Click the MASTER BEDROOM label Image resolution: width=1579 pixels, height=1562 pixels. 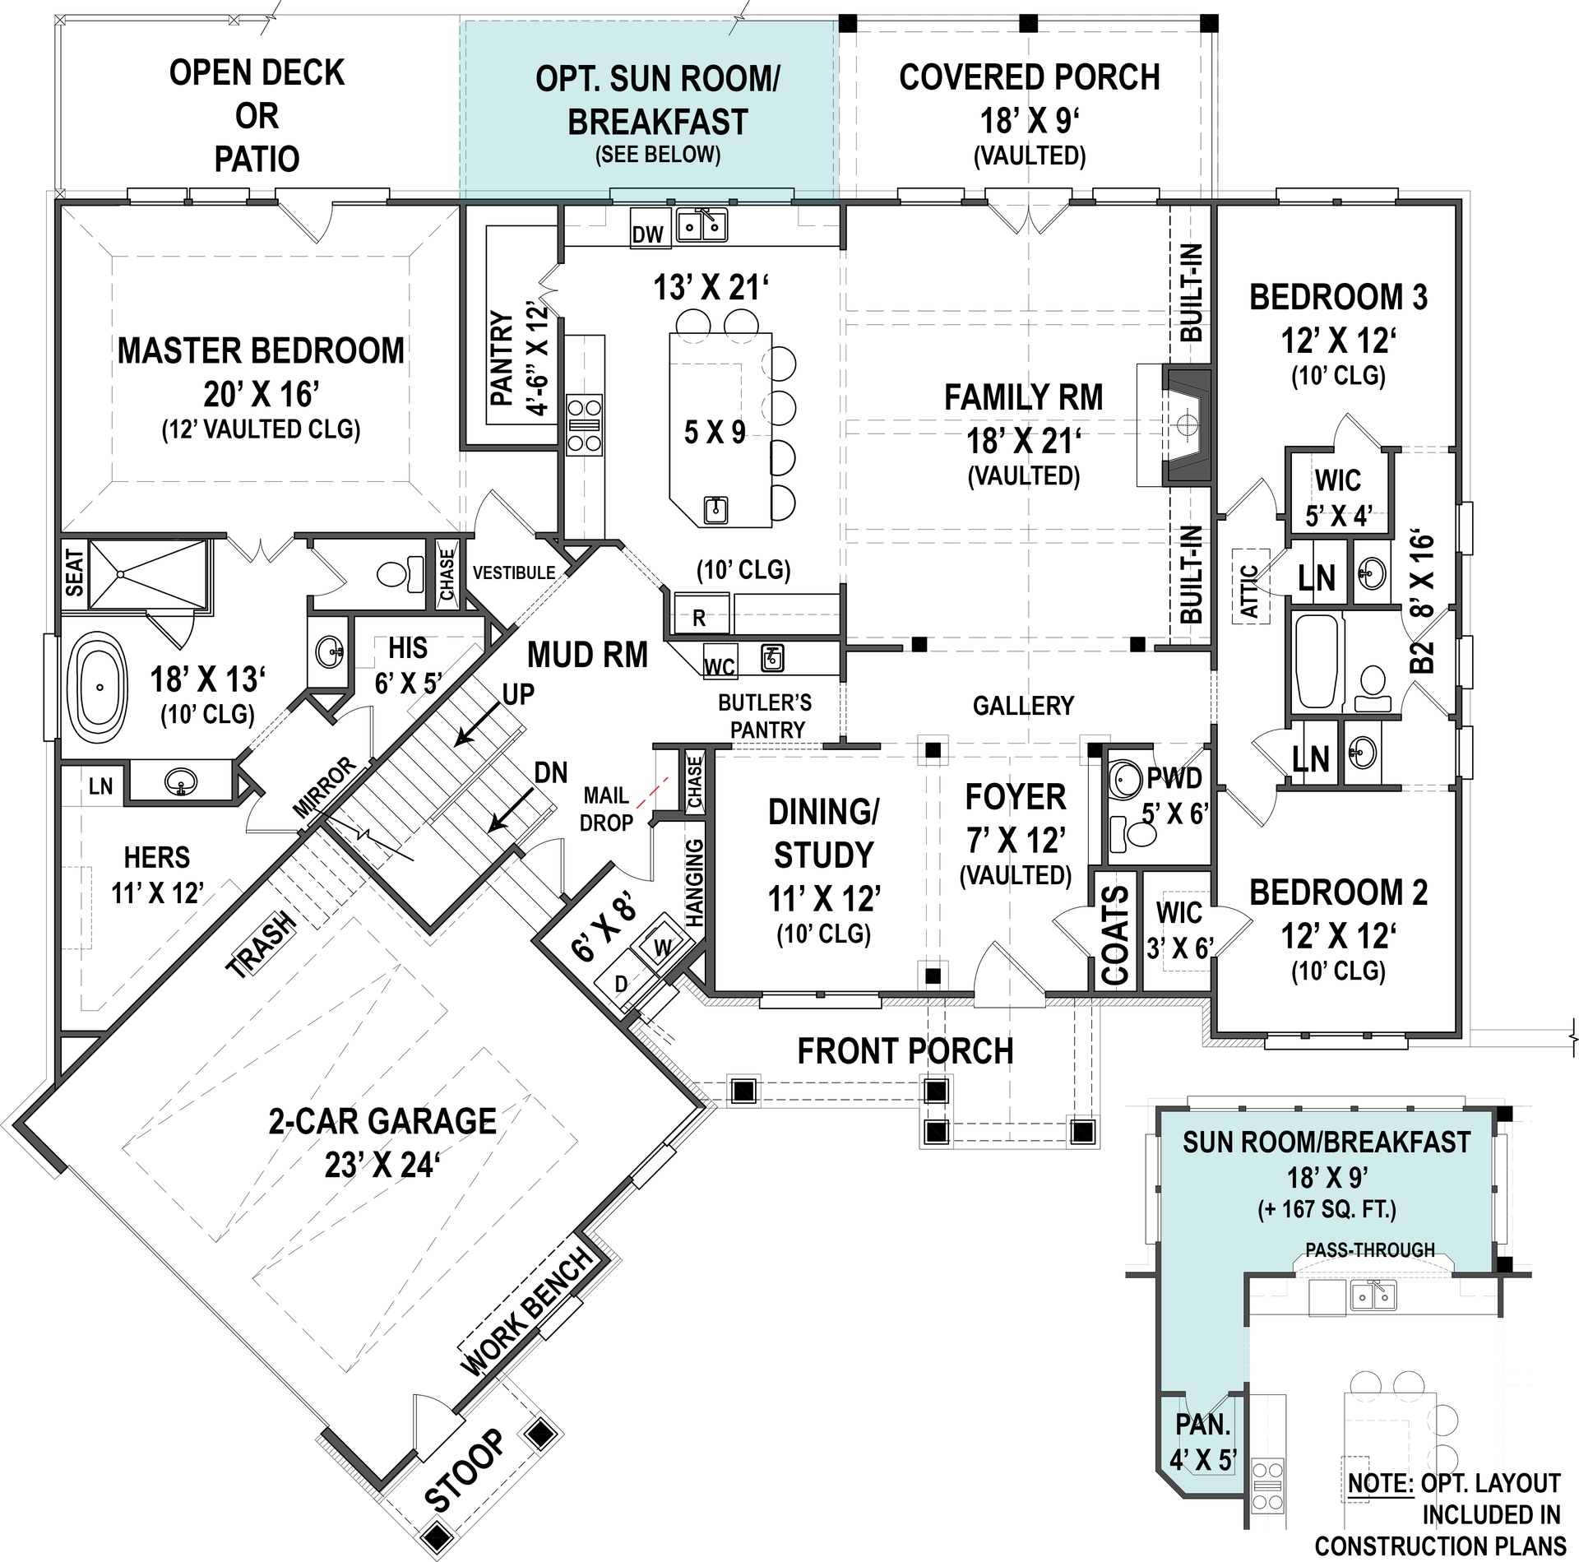pos(261,351)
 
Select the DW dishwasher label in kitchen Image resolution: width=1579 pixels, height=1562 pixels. pos(647,235)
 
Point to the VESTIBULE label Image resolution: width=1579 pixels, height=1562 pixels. pos(513,572)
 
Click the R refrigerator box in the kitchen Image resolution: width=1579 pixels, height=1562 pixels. pos(698,618)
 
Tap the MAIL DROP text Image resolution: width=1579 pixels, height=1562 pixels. pos(607,809)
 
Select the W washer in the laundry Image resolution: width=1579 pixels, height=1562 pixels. pos(663,947)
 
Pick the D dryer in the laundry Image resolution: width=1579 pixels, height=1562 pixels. pos(623,985)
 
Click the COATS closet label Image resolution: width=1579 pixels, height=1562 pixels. pos(1114,935)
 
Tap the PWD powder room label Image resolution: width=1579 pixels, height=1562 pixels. pos(1174,777)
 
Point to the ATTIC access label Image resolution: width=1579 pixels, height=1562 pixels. pos(1248,591)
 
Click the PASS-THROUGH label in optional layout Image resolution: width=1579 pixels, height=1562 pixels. pos(1370,1250)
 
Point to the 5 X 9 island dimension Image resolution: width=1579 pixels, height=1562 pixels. pos(715,432)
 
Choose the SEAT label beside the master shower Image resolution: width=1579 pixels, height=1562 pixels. pos(74,573)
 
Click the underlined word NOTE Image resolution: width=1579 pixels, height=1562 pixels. pos(1378,1483)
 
